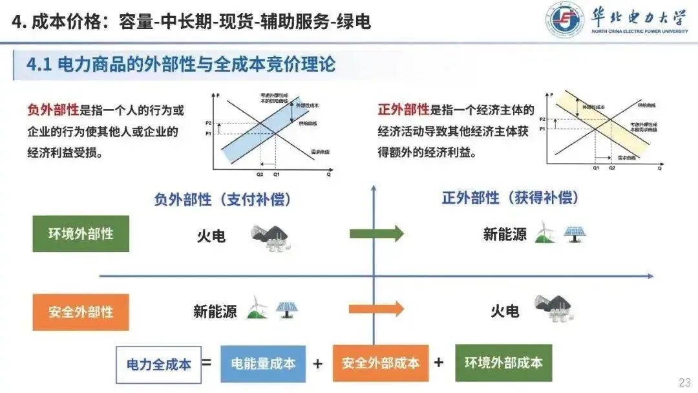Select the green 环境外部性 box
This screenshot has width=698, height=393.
pos(81,233)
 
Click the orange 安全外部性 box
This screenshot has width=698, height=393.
pos(81,312)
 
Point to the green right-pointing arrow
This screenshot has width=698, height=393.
pos(377,233)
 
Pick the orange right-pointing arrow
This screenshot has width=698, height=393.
pos(377,309)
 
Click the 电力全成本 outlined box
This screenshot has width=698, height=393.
pos(158,364)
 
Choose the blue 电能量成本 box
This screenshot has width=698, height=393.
pos(263,363)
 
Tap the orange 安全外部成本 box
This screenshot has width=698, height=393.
pos(381,363)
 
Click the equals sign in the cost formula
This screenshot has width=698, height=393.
pos(206,363)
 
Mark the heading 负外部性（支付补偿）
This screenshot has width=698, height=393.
pos(222,199)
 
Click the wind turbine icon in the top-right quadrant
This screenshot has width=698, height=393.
pos(544,233)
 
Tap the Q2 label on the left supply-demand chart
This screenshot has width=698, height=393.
pos(260,174)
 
